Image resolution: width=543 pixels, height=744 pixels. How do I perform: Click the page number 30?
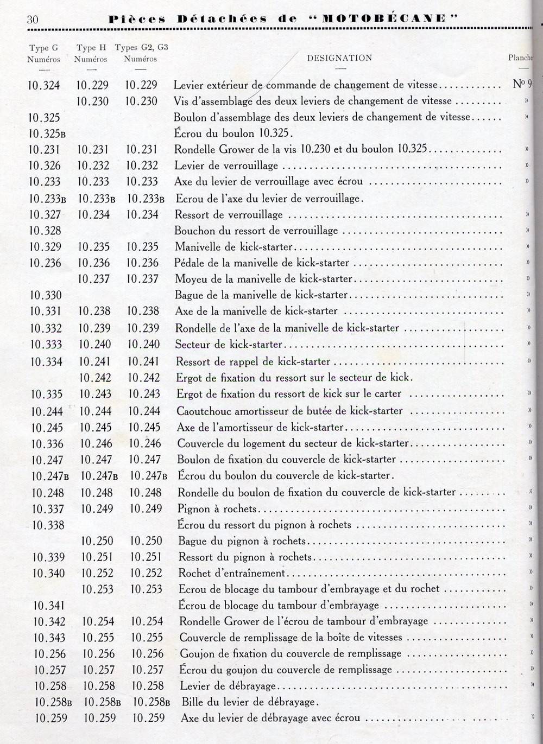33,20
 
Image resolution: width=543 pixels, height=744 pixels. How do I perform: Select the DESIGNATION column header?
339,58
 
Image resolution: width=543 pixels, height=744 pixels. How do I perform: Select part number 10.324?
43,85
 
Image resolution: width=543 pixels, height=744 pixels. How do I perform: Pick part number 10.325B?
47,133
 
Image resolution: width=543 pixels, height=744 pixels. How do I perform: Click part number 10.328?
45,231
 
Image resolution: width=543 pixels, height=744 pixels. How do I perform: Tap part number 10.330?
46,295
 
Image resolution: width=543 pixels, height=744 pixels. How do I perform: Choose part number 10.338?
48,525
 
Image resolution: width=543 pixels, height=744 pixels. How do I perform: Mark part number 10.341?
49,606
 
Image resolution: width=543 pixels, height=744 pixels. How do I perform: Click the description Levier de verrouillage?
226,166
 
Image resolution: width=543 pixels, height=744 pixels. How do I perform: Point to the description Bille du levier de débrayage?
248,702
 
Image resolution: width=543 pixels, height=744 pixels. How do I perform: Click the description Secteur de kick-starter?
229,344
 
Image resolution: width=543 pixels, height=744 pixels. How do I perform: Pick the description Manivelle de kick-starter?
233,247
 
